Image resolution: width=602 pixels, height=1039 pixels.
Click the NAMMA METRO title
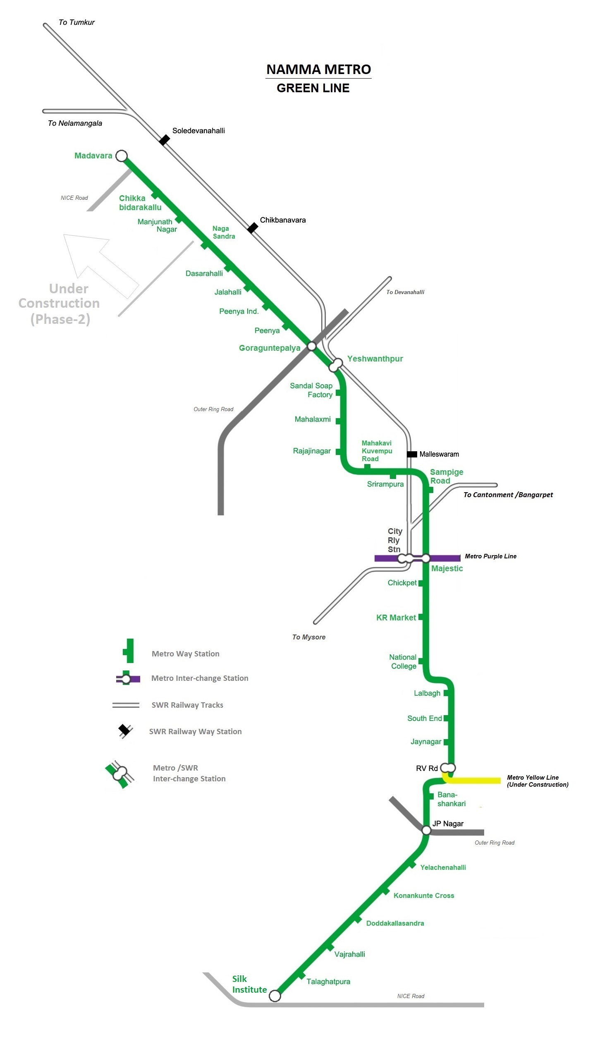tap(318, 69)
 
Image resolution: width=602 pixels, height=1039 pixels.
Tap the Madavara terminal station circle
tap(121, 156)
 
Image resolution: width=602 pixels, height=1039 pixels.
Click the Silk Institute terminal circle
tap(275, 996)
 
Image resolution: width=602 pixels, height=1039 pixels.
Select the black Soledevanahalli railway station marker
tap(165, 140)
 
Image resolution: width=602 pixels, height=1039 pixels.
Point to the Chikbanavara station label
tap(282, 220)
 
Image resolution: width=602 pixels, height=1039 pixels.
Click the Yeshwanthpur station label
tap(375, 359)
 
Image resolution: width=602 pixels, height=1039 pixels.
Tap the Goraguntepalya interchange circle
tap(312, 346)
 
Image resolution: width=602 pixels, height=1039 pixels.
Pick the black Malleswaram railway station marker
tap(412, 454)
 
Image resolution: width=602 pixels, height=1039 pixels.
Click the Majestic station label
tap(447, 568)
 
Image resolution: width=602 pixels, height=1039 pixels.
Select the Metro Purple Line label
tap(490, 556)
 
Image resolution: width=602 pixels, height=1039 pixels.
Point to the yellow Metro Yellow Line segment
tap(475, 780)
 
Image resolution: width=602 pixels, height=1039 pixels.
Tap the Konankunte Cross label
tap(423, 895)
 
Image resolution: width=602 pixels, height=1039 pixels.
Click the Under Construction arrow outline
tap(101, 265)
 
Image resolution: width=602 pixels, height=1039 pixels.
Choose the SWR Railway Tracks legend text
tap(187, 705)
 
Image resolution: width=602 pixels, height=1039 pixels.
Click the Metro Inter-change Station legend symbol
tap(127, 679)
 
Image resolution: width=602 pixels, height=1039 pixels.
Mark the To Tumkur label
tap(76, 22)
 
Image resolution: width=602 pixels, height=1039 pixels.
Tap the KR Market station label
tap(396, 618)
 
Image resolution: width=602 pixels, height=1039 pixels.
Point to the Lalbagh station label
tap(427, 693)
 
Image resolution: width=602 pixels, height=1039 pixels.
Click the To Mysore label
tap(308, 637)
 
